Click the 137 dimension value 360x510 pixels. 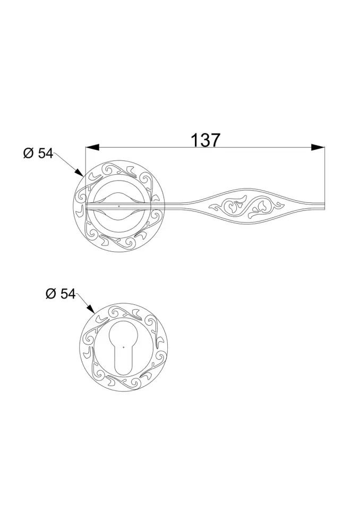(x=205, y=140)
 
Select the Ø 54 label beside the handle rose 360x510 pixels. (x=38, y=154)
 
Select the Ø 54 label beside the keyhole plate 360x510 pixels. (x=61, y=294)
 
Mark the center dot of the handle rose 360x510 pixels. (x=119, y=205)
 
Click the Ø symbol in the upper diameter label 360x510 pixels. (x=29, y=154)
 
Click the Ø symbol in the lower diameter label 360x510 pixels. (x=51, y=294)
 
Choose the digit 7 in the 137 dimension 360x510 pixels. (x=215, y=140)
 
